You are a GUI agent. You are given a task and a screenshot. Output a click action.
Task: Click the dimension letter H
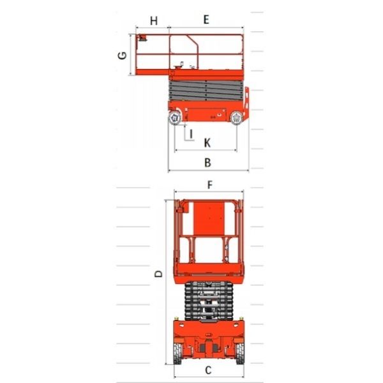coord(154,21)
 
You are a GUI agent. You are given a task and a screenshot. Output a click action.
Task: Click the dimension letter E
coord(206,20)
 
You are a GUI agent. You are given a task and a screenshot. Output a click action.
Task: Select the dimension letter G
coord(122,56)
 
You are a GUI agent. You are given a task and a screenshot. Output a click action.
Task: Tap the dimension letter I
coord(191,134)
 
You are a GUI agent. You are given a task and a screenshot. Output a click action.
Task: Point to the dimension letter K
coord(207,143)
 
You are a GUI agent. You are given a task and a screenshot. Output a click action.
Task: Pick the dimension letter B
coord(207,162)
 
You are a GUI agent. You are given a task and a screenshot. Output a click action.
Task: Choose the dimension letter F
coord(210,185)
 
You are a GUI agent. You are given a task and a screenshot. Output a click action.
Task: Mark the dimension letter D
coord(158,274)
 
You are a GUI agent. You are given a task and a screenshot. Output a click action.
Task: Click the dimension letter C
coord(208,370)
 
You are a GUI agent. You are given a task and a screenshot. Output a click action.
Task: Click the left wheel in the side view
coord(175,118)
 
